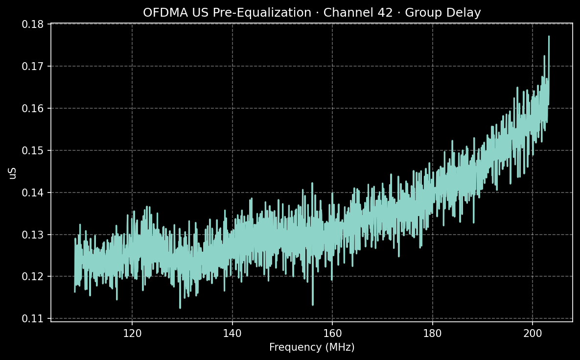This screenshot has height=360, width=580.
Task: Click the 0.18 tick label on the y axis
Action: (x=35, y=24)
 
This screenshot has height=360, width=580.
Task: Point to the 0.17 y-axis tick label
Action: (x=35, y=66)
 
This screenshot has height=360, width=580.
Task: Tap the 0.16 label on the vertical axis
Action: (x=35, y=108)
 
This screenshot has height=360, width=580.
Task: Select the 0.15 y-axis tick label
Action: (x=35, y=150)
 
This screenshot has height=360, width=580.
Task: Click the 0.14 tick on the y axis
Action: (x=35, y=192)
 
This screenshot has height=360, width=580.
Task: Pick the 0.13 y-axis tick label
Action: (x=35, y=235)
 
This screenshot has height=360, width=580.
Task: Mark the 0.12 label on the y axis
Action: (x=35, y=277)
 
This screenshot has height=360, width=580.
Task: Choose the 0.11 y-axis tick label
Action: (x=35, y=319)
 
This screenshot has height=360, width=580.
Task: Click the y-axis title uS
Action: (x=13, y=172)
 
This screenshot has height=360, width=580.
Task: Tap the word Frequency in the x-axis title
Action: (x=292, y=347)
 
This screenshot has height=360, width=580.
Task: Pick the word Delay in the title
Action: (x=466, y=13)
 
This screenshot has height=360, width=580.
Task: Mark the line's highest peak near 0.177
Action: (x=549, y=36)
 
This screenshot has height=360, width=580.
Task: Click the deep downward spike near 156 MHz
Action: (x=312, y=304)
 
